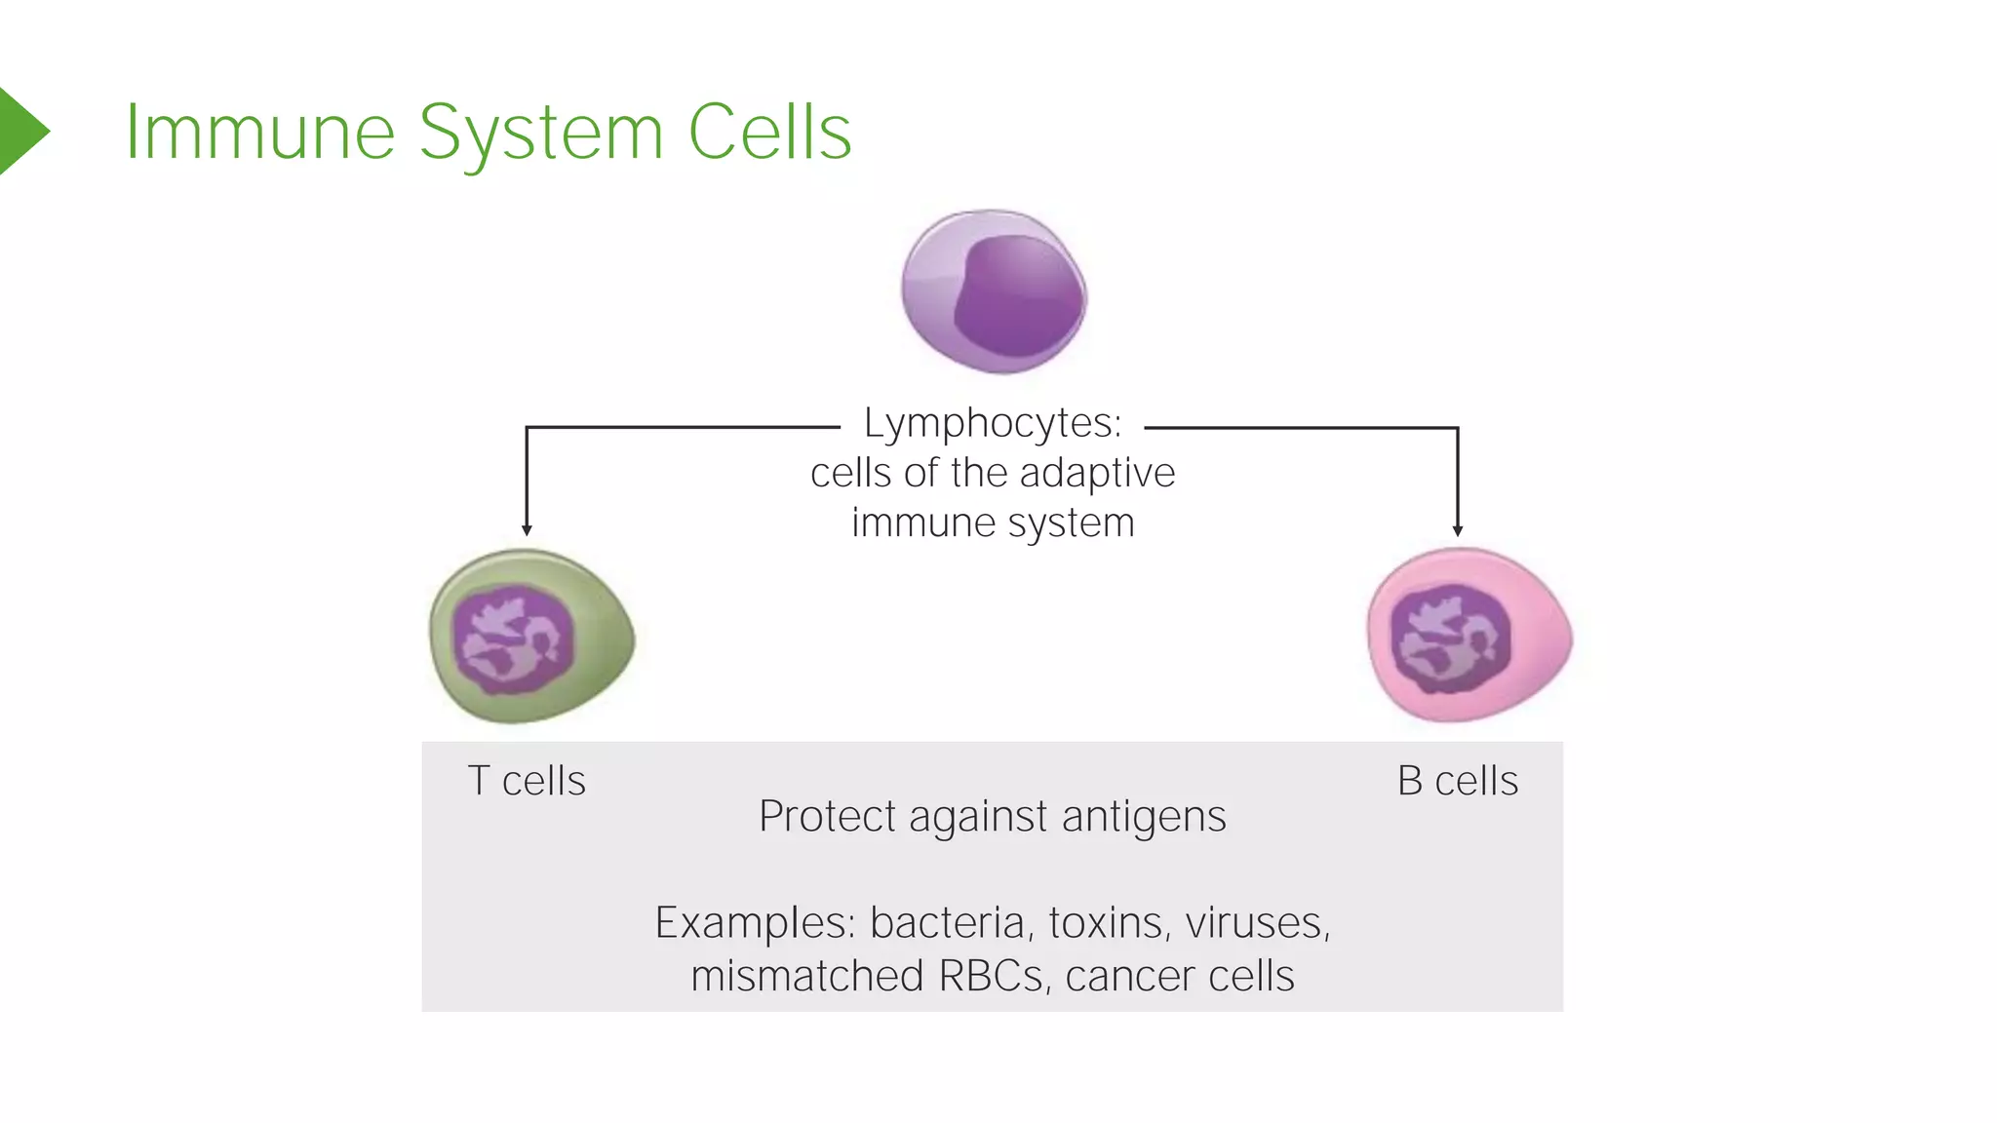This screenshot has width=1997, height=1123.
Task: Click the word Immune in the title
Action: [259, 133]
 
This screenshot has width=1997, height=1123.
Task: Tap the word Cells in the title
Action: [769, 133]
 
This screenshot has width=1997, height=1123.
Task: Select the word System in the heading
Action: [540, 135]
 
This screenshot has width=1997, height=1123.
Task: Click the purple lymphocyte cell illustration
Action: [993, 290]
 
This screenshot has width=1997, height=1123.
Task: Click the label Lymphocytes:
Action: [992, 424]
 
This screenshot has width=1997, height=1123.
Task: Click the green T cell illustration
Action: [531, 636]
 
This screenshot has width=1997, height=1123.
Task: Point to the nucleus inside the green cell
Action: [514, 639]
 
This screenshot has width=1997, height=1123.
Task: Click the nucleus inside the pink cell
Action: [1450, 639]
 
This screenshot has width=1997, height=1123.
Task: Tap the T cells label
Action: [527, 781]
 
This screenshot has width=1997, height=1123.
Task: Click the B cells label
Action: [1457, 781]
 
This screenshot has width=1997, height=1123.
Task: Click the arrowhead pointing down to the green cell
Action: [527, 529]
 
